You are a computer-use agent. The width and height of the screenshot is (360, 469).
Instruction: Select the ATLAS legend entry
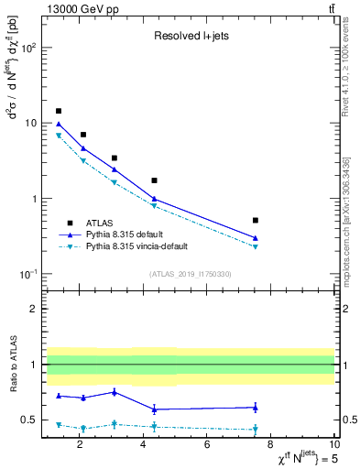[101, 222]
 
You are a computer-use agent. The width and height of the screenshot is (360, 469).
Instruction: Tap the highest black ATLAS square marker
[59, 111]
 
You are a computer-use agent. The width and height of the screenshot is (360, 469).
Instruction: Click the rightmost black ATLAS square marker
[255, 220]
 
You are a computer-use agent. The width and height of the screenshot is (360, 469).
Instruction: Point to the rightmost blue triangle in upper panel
[255, 238]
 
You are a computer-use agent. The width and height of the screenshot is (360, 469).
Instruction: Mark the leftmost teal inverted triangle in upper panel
[59, 136]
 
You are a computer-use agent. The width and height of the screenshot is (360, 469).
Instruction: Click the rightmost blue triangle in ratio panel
[255, 407]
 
